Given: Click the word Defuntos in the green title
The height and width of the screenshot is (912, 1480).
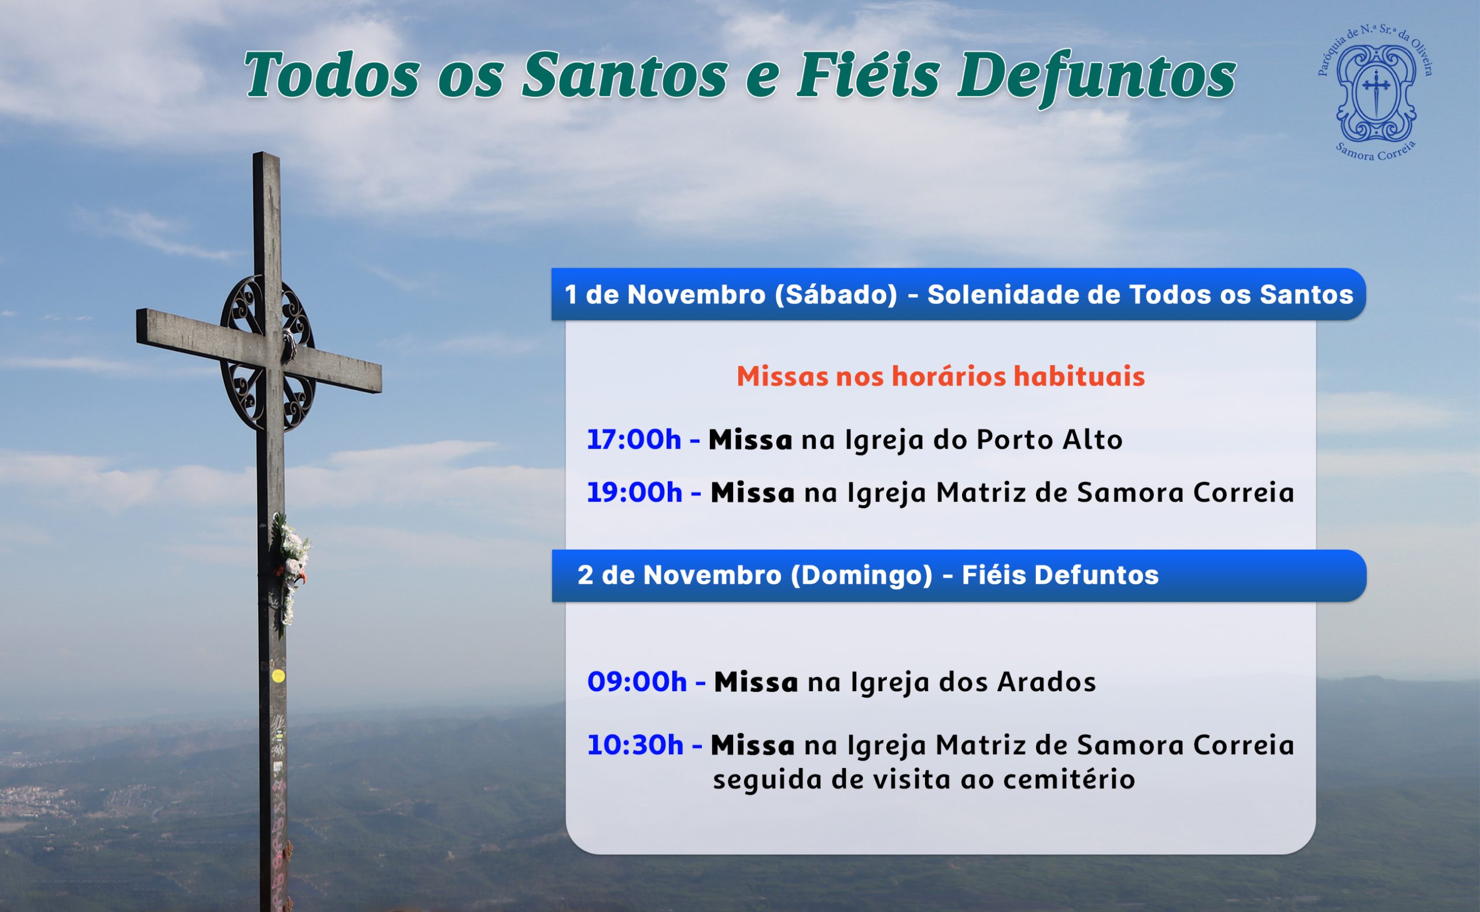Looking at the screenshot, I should coord(1097,77).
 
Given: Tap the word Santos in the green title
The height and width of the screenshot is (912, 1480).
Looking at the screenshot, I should coord(624,77).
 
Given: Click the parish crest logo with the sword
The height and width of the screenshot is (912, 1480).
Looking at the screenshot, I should coord(1375,93).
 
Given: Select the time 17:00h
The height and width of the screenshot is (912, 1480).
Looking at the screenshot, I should coord(634,440).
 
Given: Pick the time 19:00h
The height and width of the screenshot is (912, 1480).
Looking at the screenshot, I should coord(635,493).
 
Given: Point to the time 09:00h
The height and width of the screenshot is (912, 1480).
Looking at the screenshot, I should coord(637,682).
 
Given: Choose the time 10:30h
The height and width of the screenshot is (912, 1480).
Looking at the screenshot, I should coord(635,746).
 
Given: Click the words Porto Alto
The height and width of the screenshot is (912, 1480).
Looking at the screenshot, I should coord(1049,440).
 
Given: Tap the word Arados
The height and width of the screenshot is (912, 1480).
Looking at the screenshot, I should coord(1046,682).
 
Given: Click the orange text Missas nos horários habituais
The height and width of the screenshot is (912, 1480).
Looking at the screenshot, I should coord(941,376).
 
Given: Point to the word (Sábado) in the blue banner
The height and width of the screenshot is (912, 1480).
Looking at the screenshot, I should coord(836,295).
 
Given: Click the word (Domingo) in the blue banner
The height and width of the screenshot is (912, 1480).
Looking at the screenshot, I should coord(861,575).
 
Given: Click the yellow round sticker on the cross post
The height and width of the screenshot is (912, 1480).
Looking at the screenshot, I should coord(278,676).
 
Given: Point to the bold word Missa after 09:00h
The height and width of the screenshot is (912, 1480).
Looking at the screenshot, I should coord(756,683).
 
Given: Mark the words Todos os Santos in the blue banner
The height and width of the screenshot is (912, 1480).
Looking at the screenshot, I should coord(1241,295).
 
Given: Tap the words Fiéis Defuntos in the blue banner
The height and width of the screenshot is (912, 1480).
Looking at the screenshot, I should coord(1060,575).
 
